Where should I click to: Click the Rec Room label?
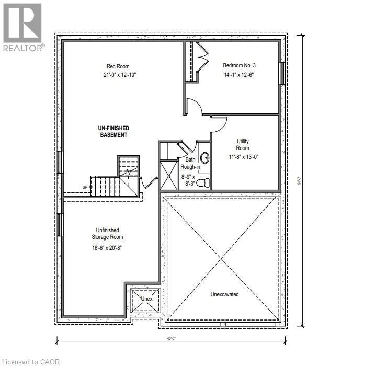116,66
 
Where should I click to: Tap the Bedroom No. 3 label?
239,65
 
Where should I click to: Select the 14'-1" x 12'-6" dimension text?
239,75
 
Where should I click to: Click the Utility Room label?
242,145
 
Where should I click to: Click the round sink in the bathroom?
204,158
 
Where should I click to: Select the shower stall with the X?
168,176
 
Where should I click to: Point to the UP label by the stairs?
85,187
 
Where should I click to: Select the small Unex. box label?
146,299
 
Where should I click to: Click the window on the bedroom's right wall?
282,73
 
